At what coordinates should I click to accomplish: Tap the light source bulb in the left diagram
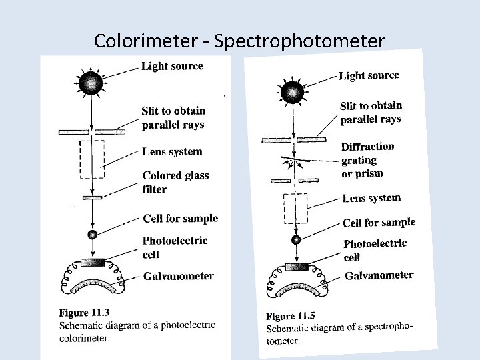click(91, 83)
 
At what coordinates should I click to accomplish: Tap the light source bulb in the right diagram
click(293, 91)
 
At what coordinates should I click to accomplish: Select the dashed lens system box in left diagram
click(92, 159)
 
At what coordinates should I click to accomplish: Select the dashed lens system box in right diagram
click(295, 209)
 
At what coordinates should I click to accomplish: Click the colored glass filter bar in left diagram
click(92, 197)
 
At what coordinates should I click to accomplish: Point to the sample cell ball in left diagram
click(92, 234)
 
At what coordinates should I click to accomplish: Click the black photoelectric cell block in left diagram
click(92, 261)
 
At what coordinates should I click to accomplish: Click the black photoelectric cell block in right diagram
click(296, 267)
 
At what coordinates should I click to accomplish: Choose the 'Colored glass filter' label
click(175, 182)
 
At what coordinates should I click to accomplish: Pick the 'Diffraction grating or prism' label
click(367, 160)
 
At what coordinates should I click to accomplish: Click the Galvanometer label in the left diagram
click(178, 276)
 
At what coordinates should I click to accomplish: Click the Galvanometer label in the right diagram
click(379, 275)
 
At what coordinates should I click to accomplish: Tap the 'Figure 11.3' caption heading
click(84, 312)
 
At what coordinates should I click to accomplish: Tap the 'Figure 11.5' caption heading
click(291, 315)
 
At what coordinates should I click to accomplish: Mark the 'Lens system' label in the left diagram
click(172, 151)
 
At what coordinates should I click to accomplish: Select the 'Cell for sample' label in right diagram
click(378, 222)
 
